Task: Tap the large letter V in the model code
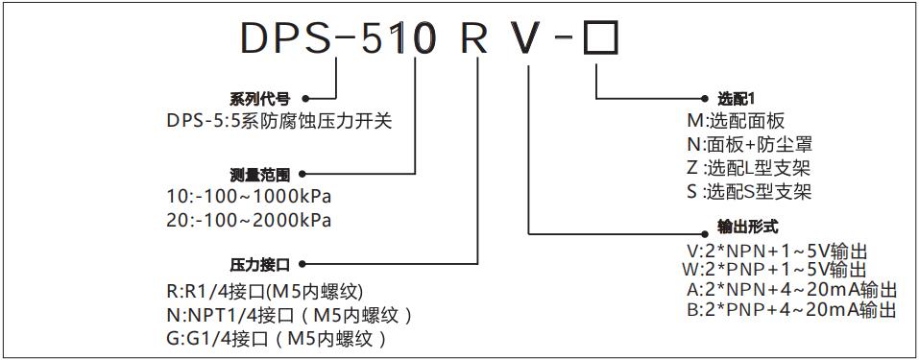[x=532, y=37]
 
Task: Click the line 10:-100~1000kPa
[x=249, y=198]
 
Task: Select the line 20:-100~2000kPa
[x=249, y=220]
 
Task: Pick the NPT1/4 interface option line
[x=291, y=315]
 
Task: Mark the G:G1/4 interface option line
[x=278, y=338]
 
